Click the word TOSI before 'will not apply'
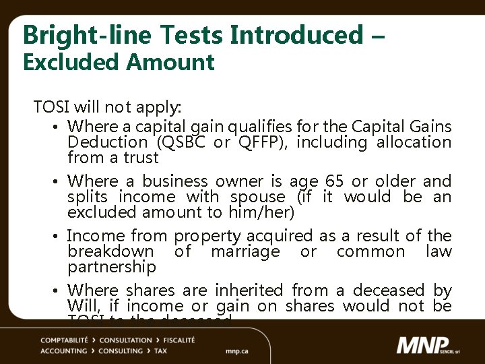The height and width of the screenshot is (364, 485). (x=52, y=107)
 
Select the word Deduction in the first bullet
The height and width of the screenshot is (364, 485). (x=107, y=142)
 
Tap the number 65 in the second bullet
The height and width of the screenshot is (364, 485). (x=334, y=181)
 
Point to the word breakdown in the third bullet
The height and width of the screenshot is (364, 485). (x=110, y=251)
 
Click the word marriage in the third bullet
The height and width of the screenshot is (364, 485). (x=245, y=251)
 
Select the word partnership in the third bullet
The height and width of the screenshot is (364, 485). (x=112, y=268)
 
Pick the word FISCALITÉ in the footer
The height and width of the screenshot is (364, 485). (x=174, y=340)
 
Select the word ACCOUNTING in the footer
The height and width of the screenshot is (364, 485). (x=63, y=351)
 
